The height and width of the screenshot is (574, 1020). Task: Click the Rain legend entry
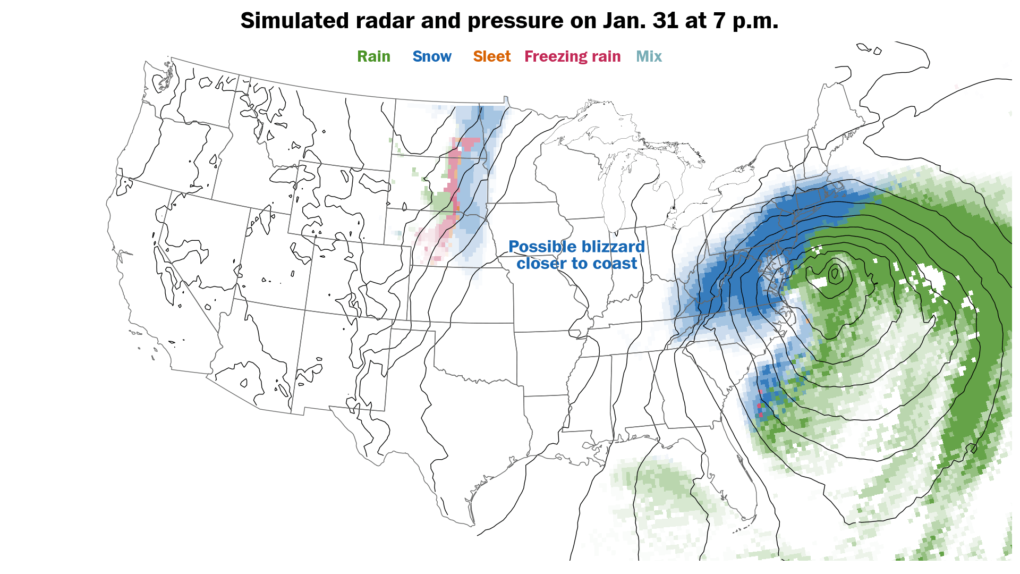[x=373, y=56]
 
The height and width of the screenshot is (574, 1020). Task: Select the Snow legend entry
[x=431, y=56]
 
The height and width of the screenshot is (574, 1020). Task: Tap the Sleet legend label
[x=491, y=56]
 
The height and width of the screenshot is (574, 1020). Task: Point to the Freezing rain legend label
[x=572, y=56]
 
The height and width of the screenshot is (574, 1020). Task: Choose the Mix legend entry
[x=649, y=56]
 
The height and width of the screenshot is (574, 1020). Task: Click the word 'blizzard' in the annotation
[x=611, y=247]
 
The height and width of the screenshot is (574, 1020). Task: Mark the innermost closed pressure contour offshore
[x=834, y=274]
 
